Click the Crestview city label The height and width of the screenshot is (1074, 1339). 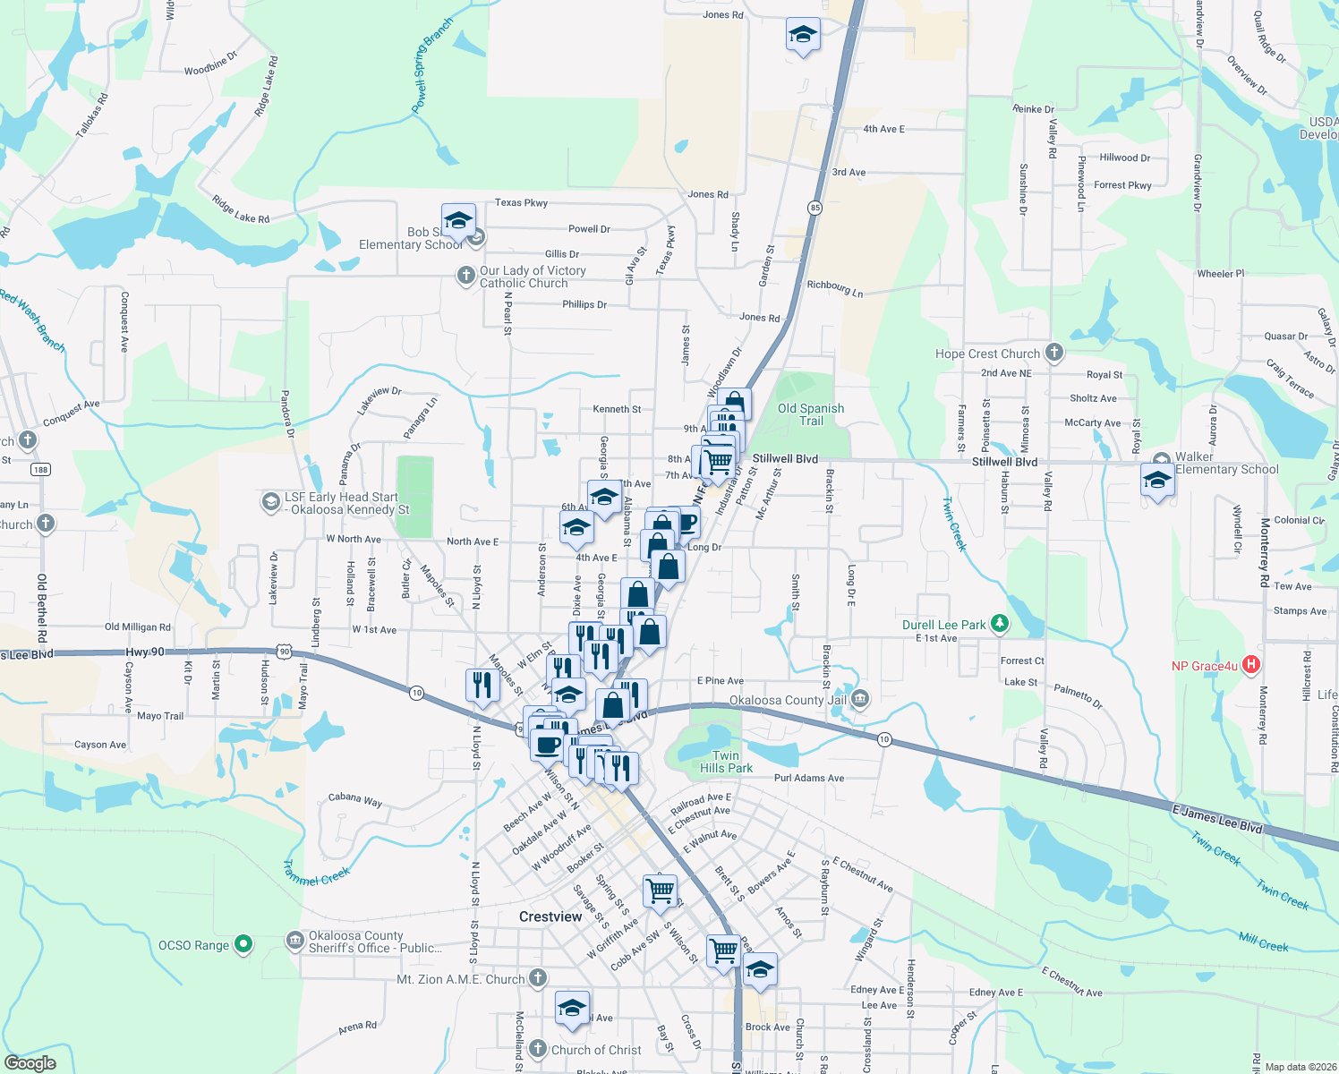(550, 916)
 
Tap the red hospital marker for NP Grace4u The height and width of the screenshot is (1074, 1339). (1252, 665)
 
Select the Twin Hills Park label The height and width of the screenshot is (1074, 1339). (726, 762)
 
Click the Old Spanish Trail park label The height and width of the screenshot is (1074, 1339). (811, 414)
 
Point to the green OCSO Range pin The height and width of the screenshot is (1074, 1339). (243, 944)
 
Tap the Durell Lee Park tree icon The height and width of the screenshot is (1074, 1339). (1000, 624)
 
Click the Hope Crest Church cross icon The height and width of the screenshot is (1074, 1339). (1054, 353)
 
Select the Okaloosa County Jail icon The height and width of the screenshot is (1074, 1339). (860, 699)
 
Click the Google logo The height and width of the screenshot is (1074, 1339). (30, 1063)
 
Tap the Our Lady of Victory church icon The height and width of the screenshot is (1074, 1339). (465, 276)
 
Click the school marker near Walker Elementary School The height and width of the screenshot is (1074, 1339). (1157, 481)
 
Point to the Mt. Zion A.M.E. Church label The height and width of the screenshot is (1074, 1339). (460, 979)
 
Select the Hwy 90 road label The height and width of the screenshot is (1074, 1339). (145, 652)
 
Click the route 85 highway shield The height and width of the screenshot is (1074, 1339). (814, 208)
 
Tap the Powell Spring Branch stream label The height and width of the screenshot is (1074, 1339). (432, 66)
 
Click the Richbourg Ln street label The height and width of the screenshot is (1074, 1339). (835, 288)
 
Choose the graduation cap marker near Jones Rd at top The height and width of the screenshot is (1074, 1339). (803, 36)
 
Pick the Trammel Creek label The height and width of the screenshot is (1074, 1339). (317, 873)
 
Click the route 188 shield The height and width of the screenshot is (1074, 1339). (40, 469)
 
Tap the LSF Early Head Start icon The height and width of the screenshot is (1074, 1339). (270, 502)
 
